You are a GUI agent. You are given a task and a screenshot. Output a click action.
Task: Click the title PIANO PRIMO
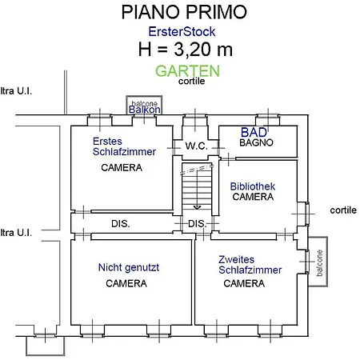(184, 12)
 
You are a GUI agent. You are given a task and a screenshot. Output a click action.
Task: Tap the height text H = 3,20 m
(186, 50)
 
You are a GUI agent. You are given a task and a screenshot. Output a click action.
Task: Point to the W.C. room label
(196, 146)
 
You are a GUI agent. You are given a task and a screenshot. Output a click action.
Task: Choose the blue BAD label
(255, 131)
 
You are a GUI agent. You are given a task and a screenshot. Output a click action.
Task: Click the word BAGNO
(257, 142)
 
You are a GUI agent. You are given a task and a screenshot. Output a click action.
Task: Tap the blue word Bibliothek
(253, 186)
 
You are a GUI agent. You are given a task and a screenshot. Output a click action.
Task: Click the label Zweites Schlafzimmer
(250, 265)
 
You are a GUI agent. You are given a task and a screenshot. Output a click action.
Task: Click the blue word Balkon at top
(145, 110)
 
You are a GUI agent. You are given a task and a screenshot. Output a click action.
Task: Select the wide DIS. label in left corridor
(120, 223)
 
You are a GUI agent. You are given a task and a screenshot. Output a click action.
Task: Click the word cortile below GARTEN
(192, 81)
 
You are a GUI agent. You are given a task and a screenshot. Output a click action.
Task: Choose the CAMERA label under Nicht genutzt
(126, 284)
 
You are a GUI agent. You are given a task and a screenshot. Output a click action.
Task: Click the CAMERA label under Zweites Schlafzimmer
(244, 284)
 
